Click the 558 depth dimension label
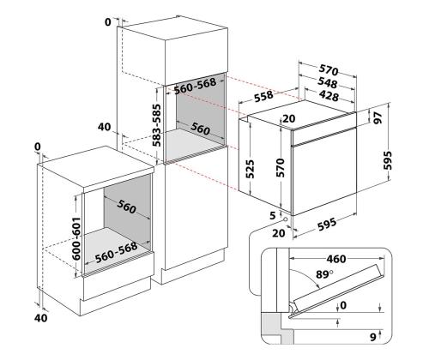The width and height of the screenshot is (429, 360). coord(263,95)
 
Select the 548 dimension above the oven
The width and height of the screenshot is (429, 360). coord(328,83)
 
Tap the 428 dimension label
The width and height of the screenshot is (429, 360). coord(329,96)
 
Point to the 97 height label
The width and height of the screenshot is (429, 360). coord(378,117)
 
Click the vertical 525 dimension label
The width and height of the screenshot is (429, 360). coord(251,169)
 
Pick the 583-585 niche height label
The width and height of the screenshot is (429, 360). coord(156,125)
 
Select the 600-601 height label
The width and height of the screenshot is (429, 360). coord(76,239)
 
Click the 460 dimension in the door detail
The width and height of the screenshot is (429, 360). coord(336,259)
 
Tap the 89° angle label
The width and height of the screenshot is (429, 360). coord(324,274)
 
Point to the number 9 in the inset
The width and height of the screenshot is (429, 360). coord(373,337)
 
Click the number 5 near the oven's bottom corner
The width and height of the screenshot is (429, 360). coord(273,215)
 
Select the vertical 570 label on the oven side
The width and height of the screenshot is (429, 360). coord(281,167)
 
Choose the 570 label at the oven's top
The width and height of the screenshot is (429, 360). coord(329,70)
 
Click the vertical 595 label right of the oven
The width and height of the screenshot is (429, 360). coord(387,160)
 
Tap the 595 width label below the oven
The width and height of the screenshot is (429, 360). coord(327,224)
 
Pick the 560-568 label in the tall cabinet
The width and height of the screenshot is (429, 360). coord(196,86)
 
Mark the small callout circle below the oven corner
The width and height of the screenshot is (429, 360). coord(285,219)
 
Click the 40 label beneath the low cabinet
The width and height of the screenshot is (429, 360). coord(41,318)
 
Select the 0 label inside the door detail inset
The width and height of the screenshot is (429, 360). coord(343,305)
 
